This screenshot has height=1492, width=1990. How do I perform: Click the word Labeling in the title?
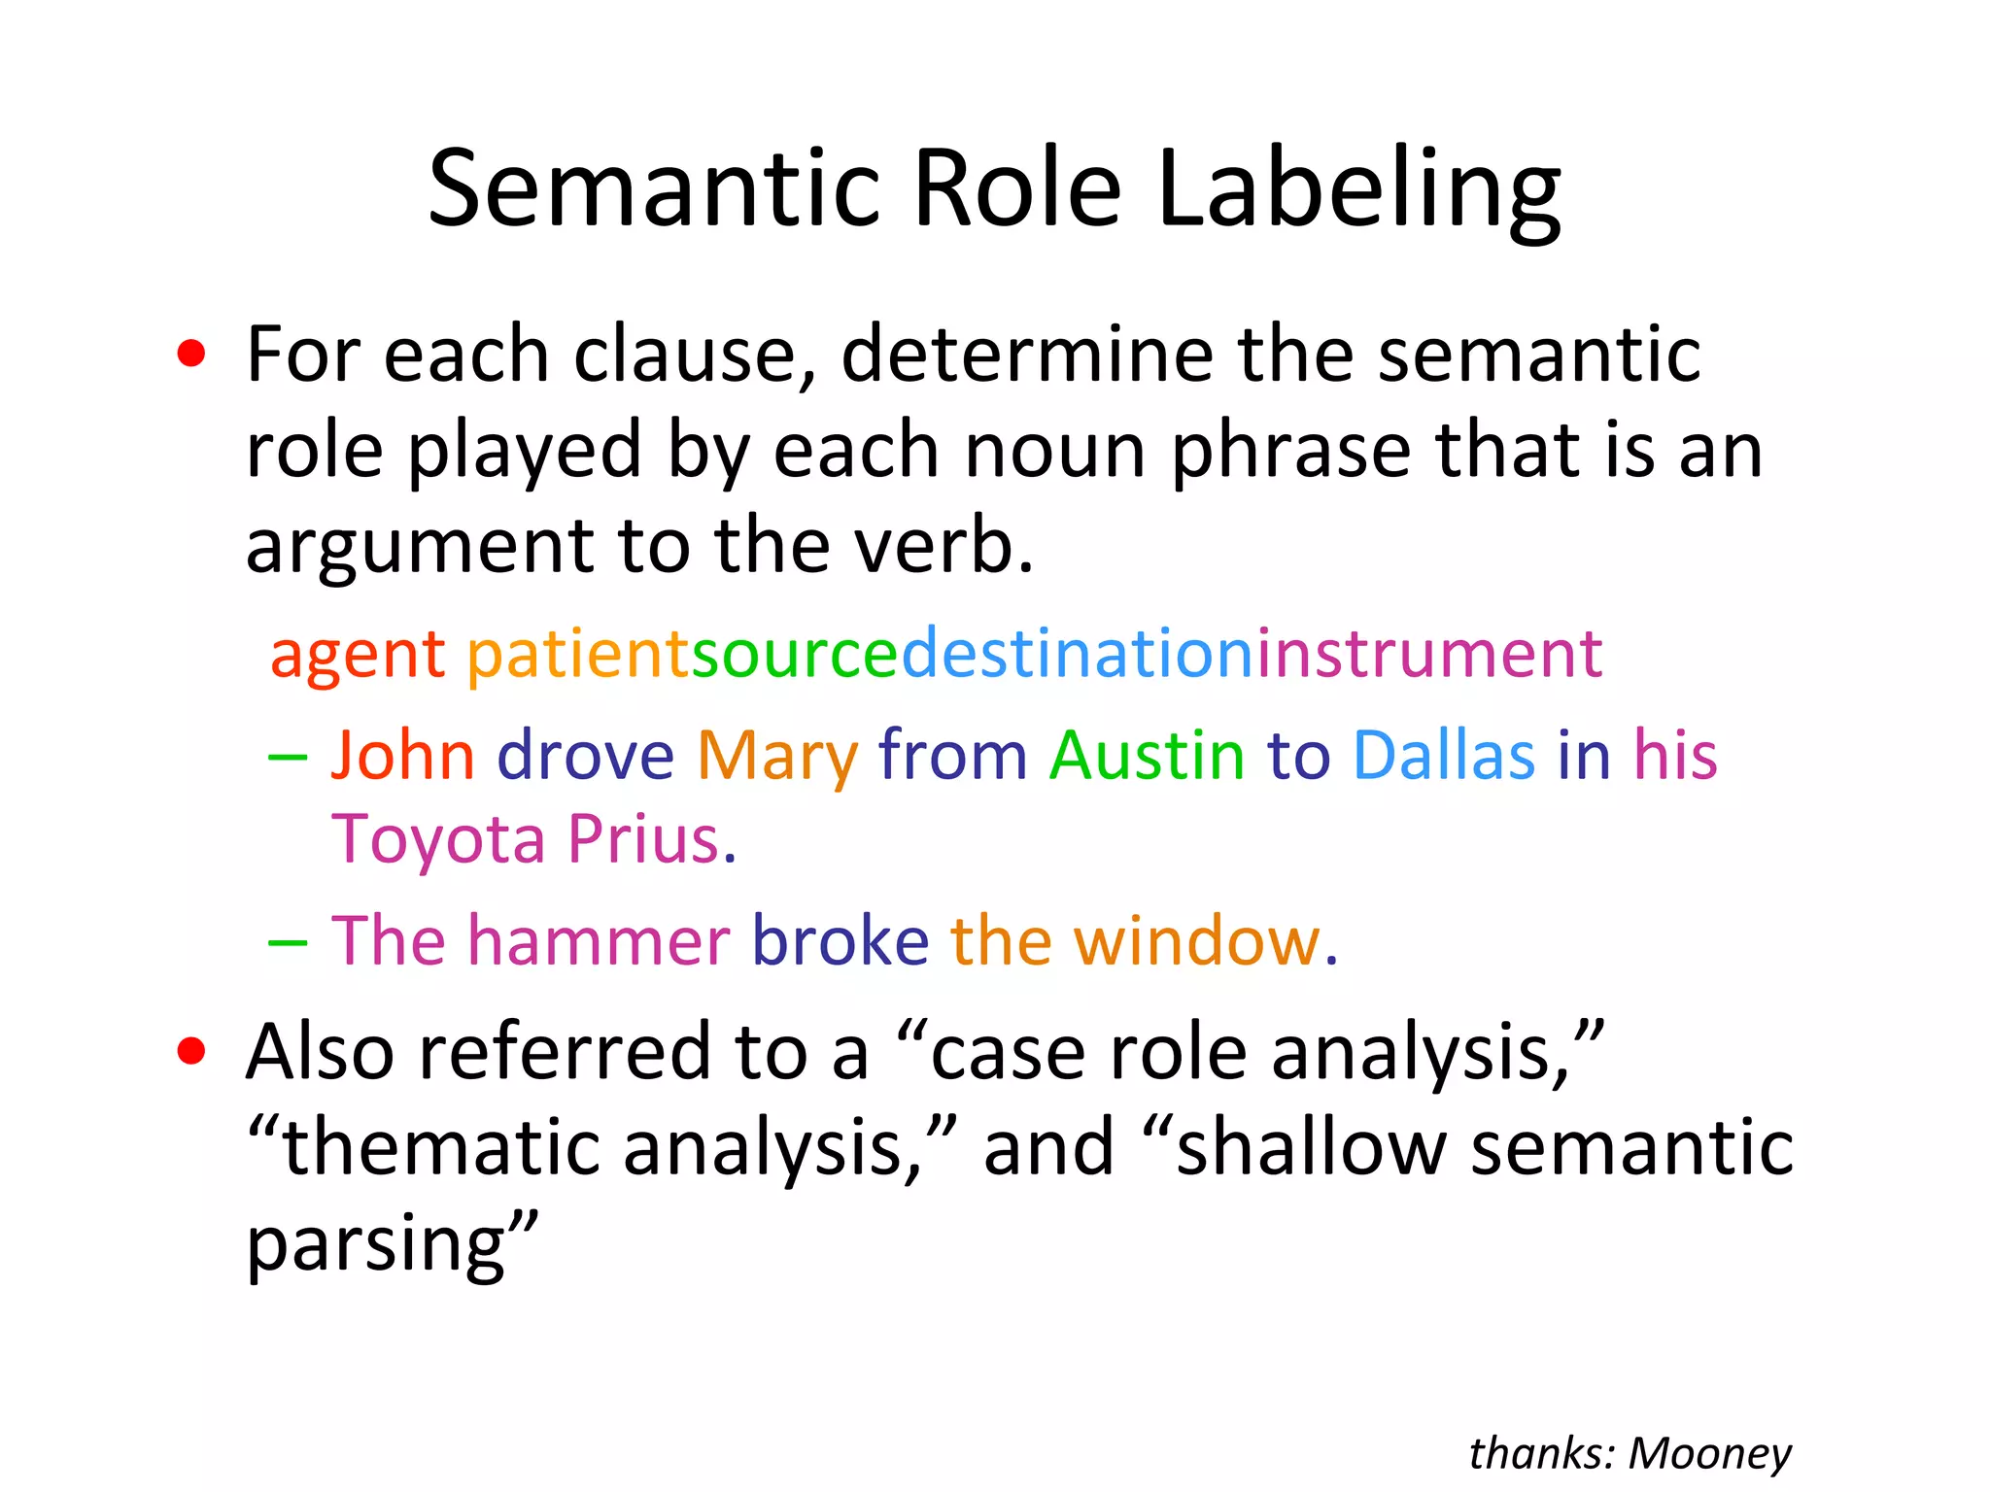tap(1358, 189)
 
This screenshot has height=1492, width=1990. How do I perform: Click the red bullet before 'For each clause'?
tap(191, 355)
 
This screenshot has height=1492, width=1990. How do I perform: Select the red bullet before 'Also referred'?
tap(191, 1051)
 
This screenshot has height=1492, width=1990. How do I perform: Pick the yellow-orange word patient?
tap(578, 654)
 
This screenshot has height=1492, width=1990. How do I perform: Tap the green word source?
tap(795, 654)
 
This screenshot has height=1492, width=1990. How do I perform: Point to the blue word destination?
tap(1079, 654)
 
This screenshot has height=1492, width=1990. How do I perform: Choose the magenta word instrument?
tap(1429, 654)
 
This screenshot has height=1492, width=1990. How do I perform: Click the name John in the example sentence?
tap(403, 755)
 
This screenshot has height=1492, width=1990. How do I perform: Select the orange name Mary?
tap(777, 757)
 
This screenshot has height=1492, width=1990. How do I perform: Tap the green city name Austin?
tap(1147, 755)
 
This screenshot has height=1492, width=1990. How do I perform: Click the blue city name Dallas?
tap(1444, 755)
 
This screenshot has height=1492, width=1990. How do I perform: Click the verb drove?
tap(586, 755)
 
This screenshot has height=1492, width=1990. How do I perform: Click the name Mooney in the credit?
tap(1709, 1454)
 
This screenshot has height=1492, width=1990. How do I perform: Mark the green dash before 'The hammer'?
tap(288, 941)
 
